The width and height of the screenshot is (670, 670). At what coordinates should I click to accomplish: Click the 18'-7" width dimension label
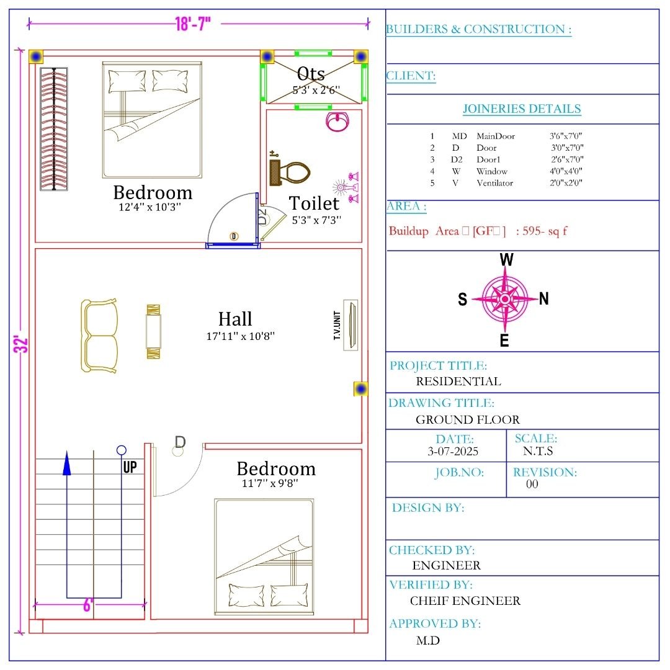click(193, 24)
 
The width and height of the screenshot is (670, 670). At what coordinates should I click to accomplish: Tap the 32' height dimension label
click(21, 344)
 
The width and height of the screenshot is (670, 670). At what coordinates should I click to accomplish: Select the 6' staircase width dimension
click(87, 605)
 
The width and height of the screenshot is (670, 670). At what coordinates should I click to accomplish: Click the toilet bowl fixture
click(290, 172)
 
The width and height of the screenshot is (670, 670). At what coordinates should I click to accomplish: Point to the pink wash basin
click(337, 122)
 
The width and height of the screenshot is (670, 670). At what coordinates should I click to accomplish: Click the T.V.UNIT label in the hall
click(337, 326)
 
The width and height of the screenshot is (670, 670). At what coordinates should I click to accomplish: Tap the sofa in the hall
click(99, 336)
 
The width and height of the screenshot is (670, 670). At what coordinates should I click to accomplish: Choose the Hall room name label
click(235, 319)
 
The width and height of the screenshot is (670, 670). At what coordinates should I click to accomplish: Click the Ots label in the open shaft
click(311, 73)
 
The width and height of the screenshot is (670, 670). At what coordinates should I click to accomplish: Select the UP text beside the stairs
click(130, 467)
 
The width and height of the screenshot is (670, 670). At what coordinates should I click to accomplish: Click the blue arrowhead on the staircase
click(66, 463)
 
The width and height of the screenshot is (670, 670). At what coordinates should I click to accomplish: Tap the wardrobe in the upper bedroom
click(54, 128)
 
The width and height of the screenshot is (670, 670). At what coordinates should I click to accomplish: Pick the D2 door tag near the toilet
click(263, 217)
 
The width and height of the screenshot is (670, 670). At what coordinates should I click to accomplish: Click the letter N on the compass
click(543, 298)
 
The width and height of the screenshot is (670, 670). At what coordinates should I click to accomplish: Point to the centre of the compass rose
click(505, 299)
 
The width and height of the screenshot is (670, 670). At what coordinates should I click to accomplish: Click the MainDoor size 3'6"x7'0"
click(566, 136)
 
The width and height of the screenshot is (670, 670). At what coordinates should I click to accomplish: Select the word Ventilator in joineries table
click(495, 183)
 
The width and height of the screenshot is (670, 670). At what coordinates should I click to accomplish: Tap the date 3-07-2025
click(453, 451)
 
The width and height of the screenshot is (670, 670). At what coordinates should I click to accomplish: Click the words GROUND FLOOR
click(468, 419)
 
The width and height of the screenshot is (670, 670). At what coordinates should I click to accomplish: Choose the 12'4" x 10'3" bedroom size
click(150, 207)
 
